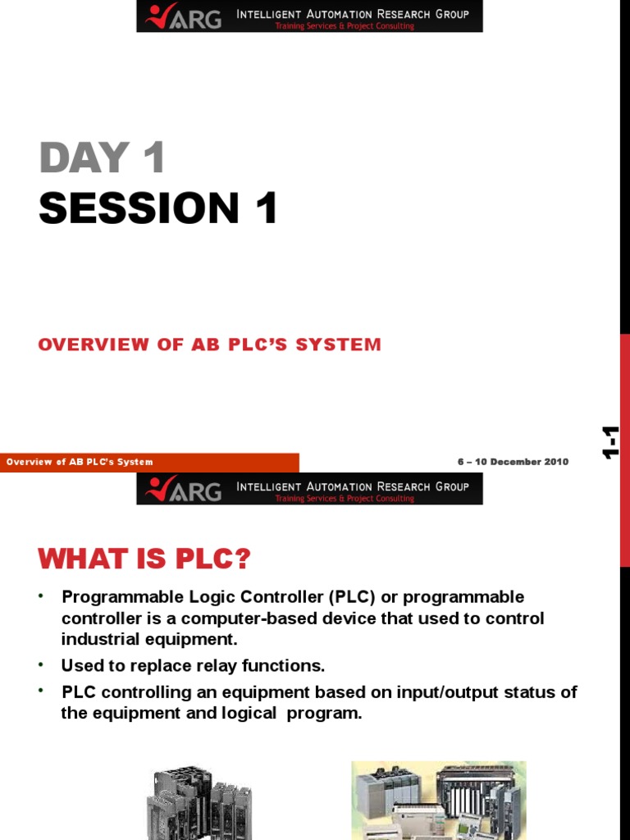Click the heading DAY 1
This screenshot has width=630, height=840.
103,158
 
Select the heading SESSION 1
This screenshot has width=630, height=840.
158,208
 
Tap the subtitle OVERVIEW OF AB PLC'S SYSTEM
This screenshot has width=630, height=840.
210,345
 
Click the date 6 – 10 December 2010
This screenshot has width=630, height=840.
513,462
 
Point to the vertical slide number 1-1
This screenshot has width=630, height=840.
610,443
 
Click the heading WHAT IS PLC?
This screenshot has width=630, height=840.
144,560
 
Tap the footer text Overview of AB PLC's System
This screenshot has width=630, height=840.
80,462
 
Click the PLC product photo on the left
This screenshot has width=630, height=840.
199,801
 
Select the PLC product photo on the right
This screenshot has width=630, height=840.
438,800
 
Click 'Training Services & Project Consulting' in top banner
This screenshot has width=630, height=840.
345,26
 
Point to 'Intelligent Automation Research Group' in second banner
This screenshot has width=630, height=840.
353,486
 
